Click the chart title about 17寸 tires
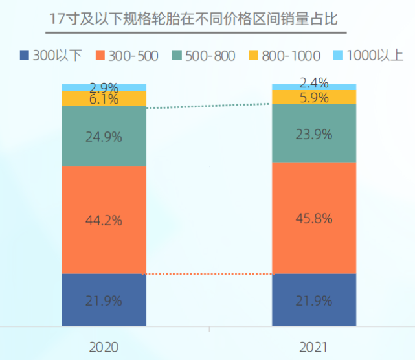pos(194,19)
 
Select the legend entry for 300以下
pos(51,55)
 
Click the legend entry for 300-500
pos(128,55)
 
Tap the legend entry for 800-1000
pos(282,55)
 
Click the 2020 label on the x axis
pos(104,346)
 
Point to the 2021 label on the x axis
pos(314,346)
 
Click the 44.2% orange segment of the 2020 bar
pos(104,220)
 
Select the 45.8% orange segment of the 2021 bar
pos(314,218)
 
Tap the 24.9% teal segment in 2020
pos(104,136)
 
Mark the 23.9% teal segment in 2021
pos(314,134)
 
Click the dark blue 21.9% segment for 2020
pos(104,300)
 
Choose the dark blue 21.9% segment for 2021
pos(314,300)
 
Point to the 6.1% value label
pos(104,99)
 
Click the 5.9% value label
pos(314,98)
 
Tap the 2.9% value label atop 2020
pos(104,87)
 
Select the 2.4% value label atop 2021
pos(314,83)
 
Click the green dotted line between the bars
pos(208,106)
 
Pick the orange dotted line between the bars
pos(208,274)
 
